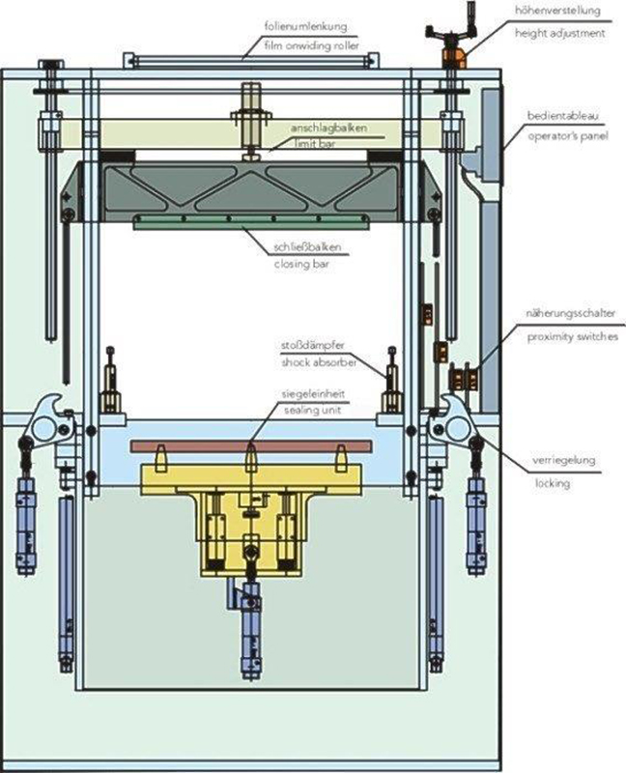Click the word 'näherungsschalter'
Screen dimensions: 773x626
click(x=571, y=314)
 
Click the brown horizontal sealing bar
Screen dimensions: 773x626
click(x=250, y=447)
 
